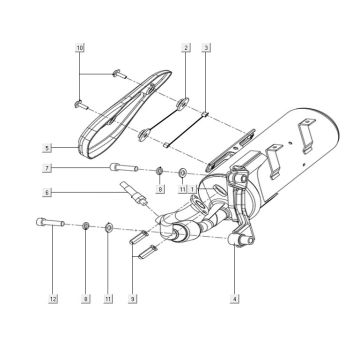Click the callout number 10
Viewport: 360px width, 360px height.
[80, 48]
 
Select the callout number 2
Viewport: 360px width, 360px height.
[186, 48]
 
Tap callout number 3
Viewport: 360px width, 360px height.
[206, 48]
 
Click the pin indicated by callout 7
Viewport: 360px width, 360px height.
[121, 169]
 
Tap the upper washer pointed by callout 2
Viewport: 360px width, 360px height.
[183, 103]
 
